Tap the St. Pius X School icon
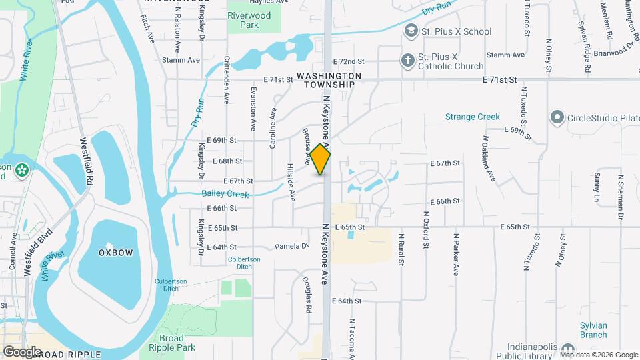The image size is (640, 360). [411, 31]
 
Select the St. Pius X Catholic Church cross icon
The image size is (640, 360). [407, 60]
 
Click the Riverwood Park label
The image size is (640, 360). [243, 20]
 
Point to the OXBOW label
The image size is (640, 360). [116, 253]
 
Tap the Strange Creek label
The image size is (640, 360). [472, 117]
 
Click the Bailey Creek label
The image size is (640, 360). [225, 195]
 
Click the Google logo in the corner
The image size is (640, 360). [22, 351]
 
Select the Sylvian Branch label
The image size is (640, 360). [593, 330]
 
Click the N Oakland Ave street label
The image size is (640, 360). [489, 159]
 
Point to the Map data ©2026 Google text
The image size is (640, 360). [599, 355]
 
